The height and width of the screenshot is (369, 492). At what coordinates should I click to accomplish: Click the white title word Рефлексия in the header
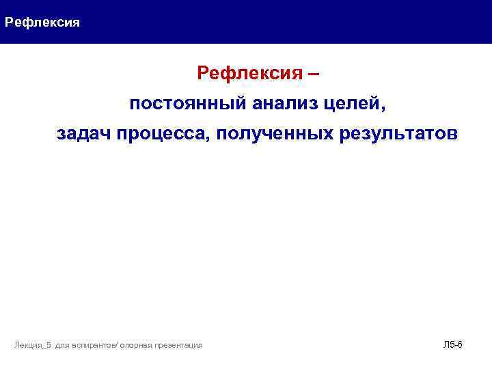(x=42, y=23)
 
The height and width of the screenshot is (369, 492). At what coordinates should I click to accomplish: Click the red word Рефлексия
(x=247, y=73)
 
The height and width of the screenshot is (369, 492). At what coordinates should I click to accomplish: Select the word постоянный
(x=188, y=104)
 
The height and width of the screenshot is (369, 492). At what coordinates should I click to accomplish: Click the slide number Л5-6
(x=452, y=344)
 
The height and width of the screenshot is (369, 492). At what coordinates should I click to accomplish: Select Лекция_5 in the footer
(x=33, y=346)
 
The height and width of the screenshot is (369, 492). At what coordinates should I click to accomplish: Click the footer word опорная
(x=135, y=346)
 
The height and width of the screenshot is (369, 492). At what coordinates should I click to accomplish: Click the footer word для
(x=61, y=346)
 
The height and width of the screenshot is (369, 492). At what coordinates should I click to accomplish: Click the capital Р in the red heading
(x=203, y=73)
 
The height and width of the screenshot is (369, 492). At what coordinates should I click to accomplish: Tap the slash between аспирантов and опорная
(x=118, y=346)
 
